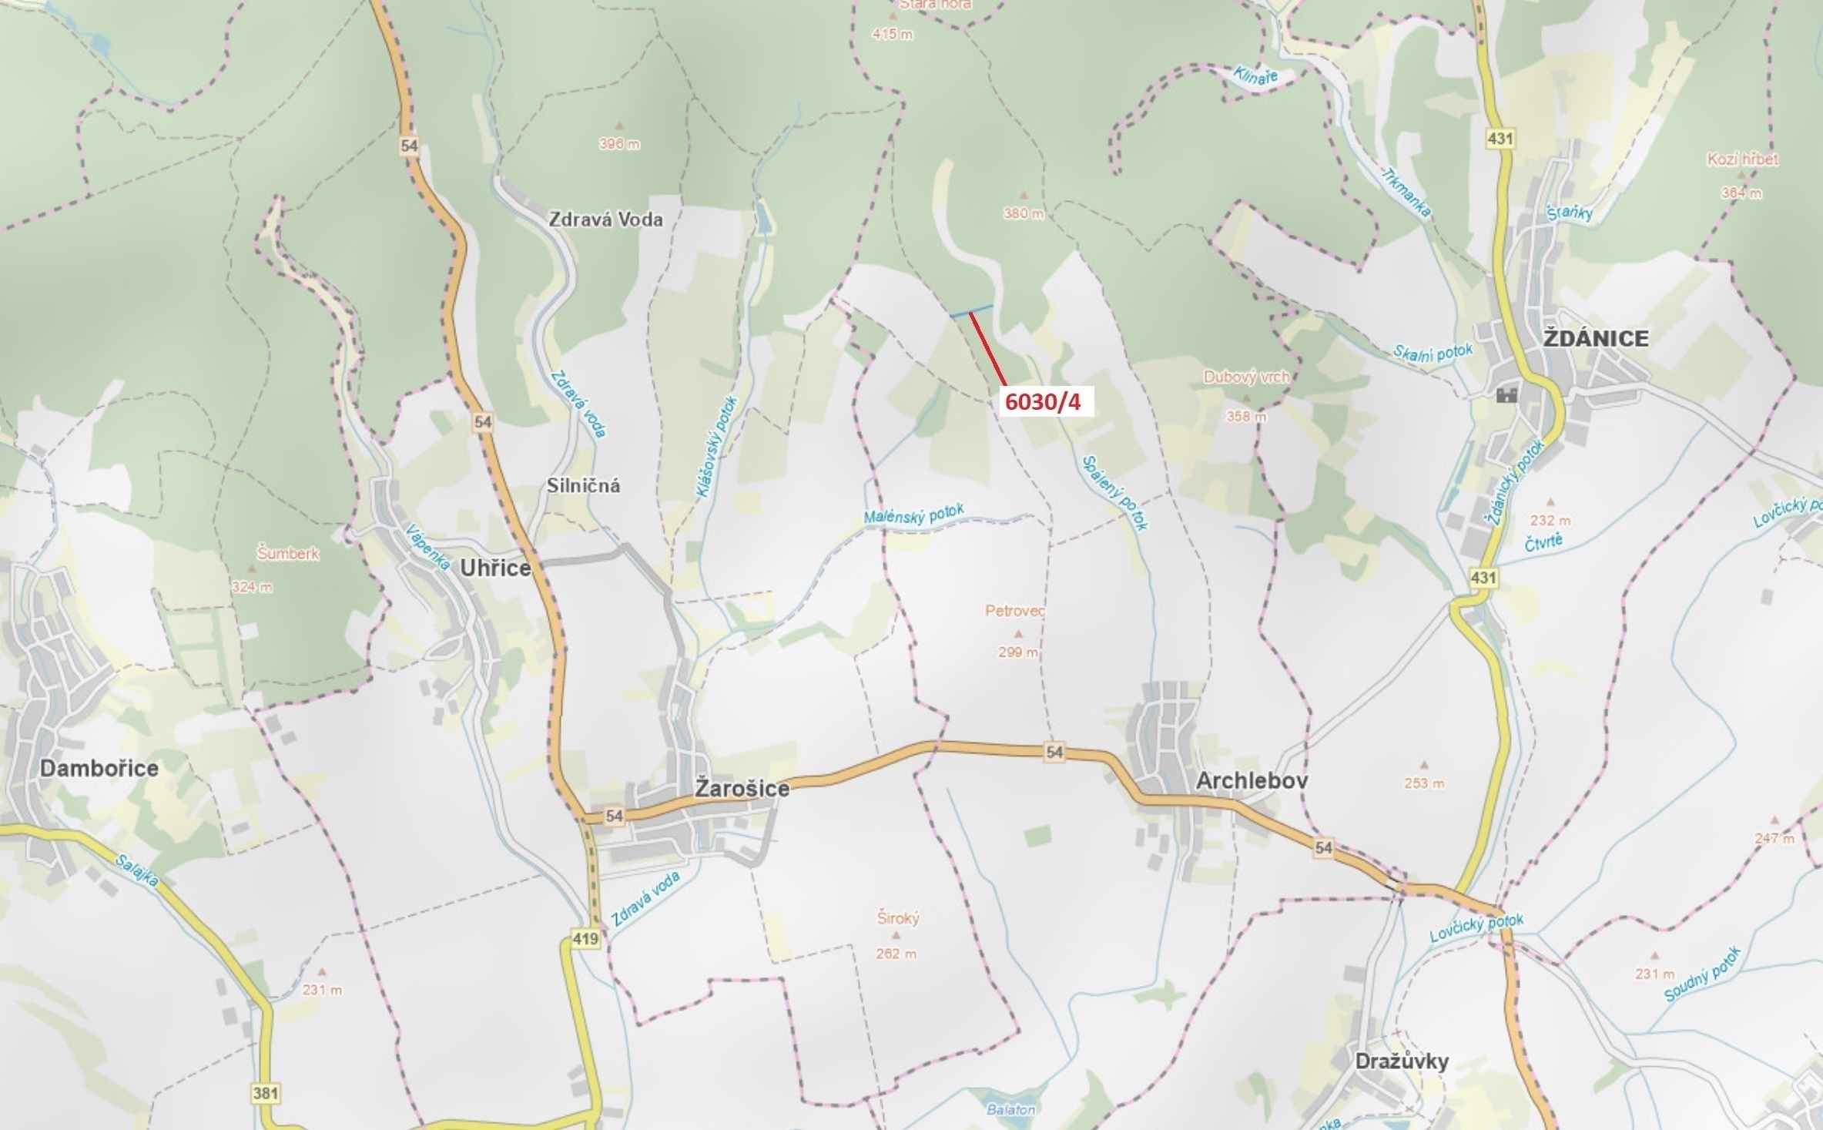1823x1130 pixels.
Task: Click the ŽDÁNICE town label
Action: [x=1596, y=339]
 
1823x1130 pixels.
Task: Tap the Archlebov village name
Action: [x=1252, y=781]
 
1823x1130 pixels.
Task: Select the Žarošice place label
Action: [x=742, y=789]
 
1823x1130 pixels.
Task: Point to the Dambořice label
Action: [x=99, y=768]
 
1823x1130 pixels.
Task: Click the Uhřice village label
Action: [x=495, y=568]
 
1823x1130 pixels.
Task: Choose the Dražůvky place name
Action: [x=1402, y=1061]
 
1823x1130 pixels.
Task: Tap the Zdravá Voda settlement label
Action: [x=605, y=220]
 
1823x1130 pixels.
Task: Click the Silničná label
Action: [x=583, y=486]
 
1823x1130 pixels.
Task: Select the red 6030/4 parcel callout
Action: [x=1044, y=401]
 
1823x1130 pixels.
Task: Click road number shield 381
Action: [x=265, y=1093]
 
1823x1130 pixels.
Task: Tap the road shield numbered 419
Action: [x=585, y=939]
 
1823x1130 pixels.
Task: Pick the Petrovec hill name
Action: [x=1015, y=611]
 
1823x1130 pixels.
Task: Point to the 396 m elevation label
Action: [x=619, y=144]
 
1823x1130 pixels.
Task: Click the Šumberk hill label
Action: [x=287, y=553]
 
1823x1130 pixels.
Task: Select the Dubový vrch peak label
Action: [x=1245, y=377]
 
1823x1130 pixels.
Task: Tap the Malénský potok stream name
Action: [x=913, y=515]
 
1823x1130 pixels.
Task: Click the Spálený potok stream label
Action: [x=1114, y=493]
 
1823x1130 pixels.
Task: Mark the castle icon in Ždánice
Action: [x=1506, y=395]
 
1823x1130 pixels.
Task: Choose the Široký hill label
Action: [x=898, y=918]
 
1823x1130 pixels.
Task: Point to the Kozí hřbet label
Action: [x=1742, y=159]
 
